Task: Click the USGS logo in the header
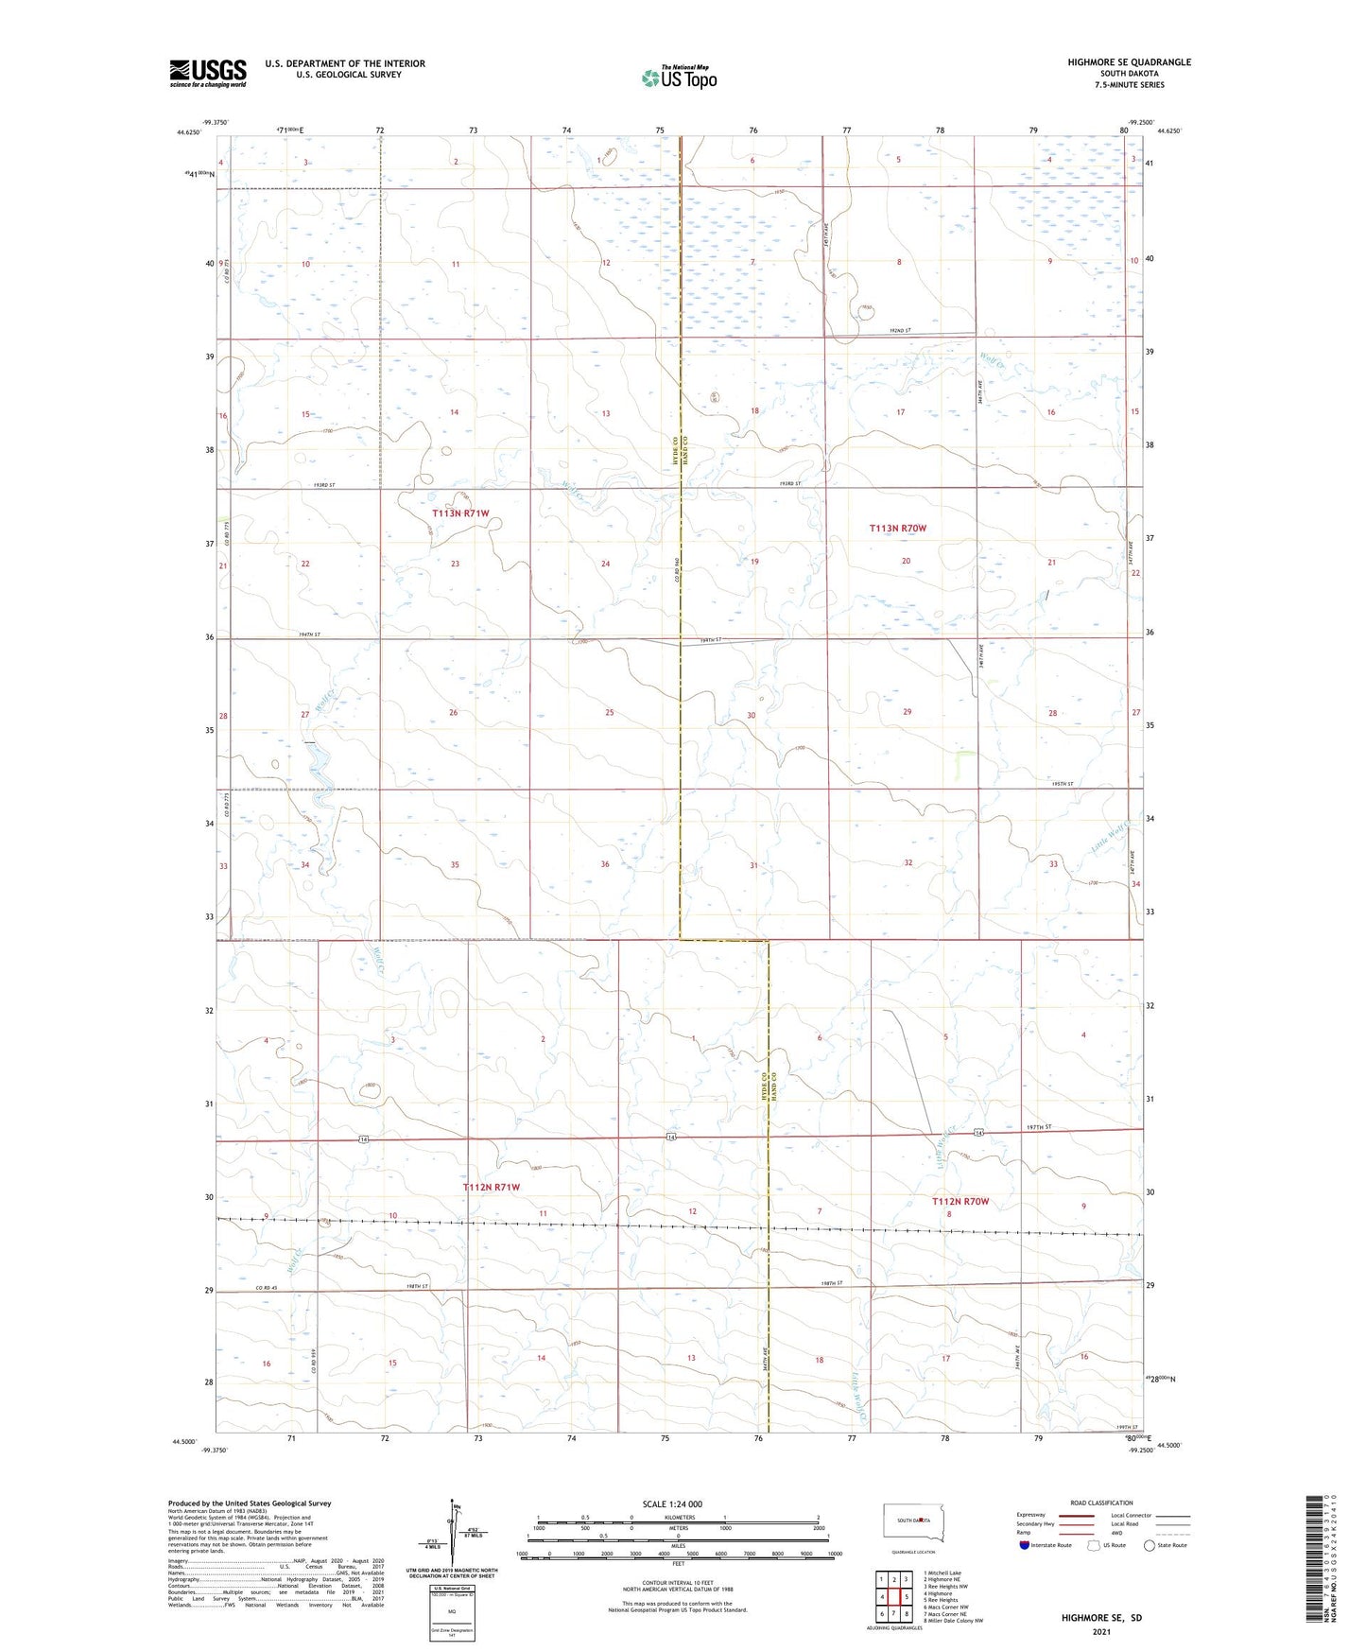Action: point(207,73)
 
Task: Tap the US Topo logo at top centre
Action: point(679,78)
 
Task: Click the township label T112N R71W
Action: point(491,1187)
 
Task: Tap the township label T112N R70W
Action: point(960,1201)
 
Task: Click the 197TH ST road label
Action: point(1038,1127)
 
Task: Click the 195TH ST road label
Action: point(1062,784)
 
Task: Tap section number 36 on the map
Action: point(604,864)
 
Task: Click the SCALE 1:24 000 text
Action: point(672,1503)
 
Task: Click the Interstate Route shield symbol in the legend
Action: point(1024,1545)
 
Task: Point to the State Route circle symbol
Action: point(1150,1545)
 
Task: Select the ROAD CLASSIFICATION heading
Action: point(1101,1503)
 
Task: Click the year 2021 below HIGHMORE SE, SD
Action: point(1100,1631)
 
